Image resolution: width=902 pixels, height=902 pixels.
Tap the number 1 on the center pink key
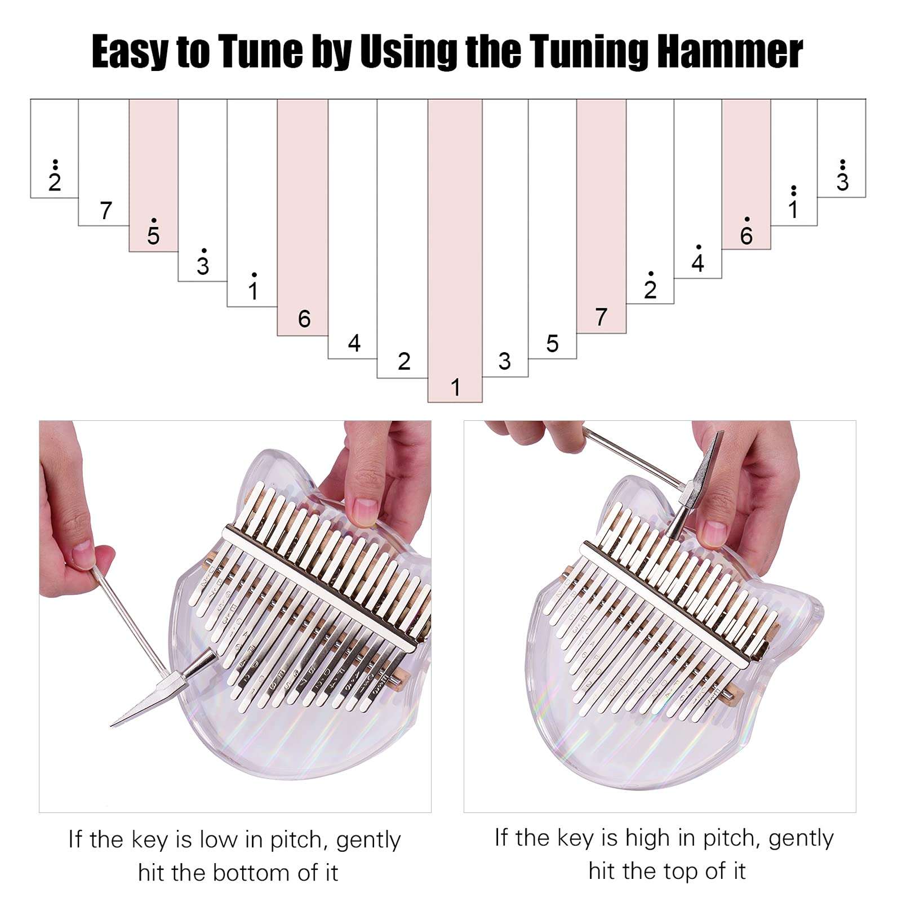click(455, 388)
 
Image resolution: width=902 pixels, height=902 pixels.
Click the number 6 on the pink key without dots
click(304, 319)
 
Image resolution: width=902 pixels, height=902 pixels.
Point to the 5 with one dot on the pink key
click(153, 235)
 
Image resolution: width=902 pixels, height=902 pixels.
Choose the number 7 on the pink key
click(601, 317)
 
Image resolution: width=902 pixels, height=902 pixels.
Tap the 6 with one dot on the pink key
click(746, 235)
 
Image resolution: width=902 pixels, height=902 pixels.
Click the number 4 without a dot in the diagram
click(354, 343)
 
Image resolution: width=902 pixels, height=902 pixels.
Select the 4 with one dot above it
click(698, 262)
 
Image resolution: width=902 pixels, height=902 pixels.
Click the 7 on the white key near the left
click(105, 211)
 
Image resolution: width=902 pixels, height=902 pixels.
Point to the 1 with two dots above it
click(793, 208)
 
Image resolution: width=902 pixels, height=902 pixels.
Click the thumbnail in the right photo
click(714, 532)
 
